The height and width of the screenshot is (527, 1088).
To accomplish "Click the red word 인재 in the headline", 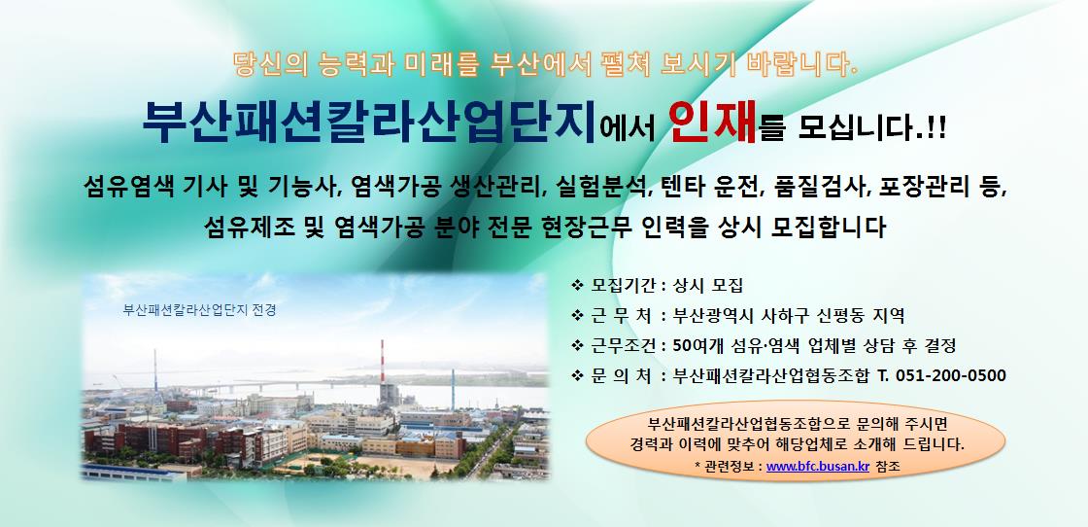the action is pos(714,123).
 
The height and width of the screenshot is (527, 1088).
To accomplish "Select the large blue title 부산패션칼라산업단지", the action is pos(369,123).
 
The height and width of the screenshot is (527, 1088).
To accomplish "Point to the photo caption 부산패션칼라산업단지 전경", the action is pos(199,310).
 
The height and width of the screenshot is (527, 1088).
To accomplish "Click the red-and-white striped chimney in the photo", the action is pos(382,361).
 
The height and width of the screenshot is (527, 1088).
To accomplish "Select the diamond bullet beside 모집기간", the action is pos(577,285).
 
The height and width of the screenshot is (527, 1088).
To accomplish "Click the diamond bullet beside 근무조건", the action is pos(577,346).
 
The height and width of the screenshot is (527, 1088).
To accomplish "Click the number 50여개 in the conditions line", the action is pos(696,345).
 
